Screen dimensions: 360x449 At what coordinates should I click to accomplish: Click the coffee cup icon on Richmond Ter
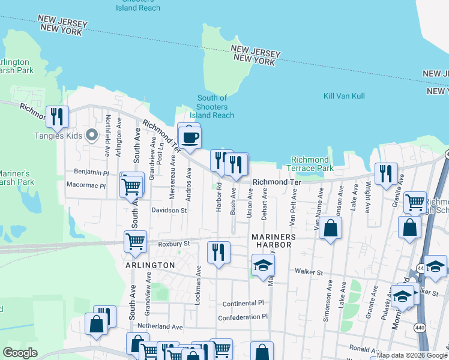[190, 137]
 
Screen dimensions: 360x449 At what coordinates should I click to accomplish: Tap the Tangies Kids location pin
[92, 135]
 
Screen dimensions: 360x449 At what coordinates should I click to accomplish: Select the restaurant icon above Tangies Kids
[58, 117]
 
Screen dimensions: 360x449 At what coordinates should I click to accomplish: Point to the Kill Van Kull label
[344, 96]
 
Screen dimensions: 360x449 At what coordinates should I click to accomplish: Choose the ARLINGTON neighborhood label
[150, 265]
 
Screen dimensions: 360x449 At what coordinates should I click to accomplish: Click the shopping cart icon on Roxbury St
[135, 241]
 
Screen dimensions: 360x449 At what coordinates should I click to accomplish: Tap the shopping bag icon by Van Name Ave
[330, 228]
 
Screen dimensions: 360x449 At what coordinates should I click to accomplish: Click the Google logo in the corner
[20, 353]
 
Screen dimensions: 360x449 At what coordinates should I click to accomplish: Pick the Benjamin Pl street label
[91, 172]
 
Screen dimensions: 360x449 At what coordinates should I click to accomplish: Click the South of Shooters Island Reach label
[212, 107]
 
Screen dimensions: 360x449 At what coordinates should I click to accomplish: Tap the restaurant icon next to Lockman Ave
[218, 251]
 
